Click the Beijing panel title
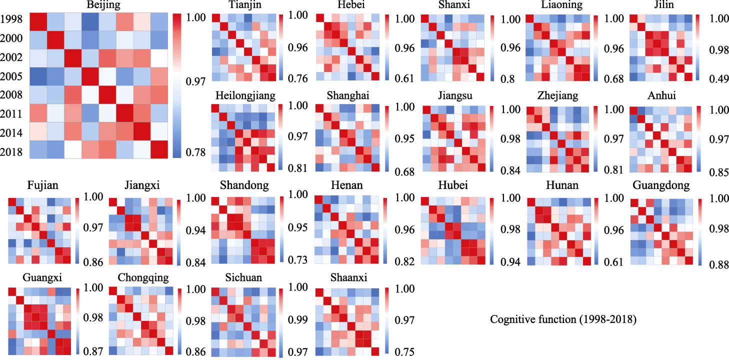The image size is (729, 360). point(99,5)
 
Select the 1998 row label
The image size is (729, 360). point(11,20)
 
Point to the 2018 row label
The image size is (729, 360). point(11,151)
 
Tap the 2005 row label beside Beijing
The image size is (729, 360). point(11,76)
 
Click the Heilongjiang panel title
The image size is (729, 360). point(245,95)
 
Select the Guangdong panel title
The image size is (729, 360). point(661,185)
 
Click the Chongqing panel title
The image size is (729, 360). point(143,277)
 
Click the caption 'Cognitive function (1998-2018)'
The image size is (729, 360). point(563,319)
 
